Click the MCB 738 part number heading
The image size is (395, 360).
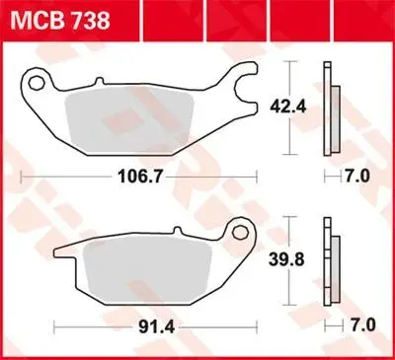[60, 21]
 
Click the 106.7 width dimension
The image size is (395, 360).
[140, 177]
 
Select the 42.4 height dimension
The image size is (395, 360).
[288, 107]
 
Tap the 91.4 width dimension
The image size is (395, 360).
[156, 327]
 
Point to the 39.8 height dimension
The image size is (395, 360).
[286, 259]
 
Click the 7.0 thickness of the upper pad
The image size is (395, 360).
[357, 177]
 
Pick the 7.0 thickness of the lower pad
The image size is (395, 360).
[362, 325]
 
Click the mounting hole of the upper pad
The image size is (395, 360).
[37, 83]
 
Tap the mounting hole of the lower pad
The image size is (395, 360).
[239, 233]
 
